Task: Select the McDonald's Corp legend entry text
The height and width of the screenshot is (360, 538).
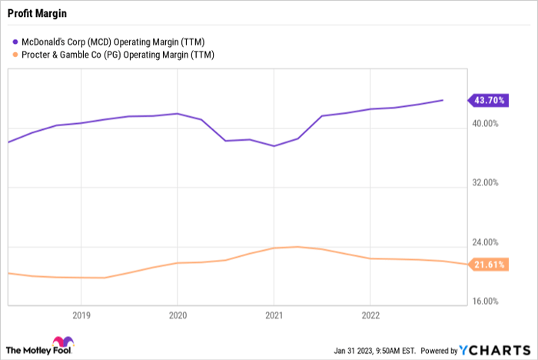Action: [x=113, y=42]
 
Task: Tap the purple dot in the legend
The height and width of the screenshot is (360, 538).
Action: [x=16, y=42]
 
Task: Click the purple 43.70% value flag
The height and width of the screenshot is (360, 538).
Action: [x=488, y=100]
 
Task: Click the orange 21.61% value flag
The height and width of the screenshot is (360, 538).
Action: [x=488, y=265]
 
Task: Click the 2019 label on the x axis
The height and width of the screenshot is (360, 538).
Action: [x=81, y=315]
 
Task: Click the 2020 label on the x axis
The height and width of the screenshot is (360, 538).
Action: [x=177, y=315]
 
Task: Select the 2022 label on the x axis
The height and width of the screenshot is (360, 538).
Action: [x=370, y=315]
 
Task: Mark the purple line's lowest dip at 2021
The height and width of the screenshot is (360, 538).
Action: [x=273, y=145]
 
